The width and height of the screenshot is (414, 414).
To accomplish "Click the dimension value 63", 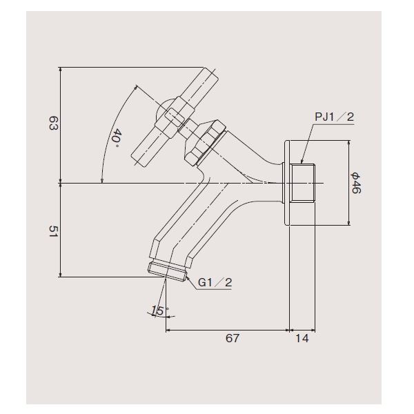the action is (x=53, y=123).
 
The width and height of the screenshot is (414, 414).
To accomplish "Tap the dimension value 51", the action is (x=53, y=232).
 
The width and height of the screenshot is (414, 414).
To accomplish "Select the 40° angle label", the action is (x=117, y=139).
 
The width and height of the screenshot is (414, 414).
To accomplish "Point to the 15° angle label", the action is (x=160, y=310).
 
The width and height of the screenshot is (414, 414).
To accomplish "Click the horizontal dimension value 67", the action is (x=233, y=338).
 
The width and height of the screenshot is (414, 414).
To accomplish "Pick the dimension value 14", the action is (x=302, y=338).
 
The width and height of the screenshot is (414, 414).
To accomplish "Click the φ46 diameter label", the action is (x=355, y=183).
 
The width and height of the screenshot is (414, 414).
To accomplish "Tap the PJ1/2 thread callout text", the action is (x=334, y=117).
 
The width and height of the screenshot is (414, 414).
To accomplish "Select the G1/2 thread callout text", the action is (x=215, y=282).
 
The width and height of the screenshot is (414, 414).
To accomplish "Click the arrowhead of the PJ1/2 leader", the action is (x=302, y=161).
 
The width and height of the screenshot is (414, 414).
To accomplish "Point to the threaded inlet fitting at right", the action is (x=302, y=183).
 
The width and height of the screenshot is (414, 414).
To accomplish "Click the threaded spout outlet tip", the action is (x=167, y=272).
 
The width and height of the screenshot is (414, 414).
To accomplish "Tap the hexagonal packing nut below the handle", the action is (x=206, y=143).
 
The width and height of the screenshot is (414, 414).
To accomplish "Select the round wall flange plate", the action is (x=287, y=183).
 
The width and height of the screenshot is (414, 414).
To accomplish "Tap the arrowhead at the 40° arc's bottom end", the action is (x=102, y=181).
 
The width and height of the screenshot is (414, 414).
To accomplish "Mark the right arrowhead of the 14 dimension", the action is (x=313, y=330).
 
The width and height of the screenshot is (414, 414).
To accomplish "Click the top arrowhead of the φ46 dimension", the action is (x=349, y=143).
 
